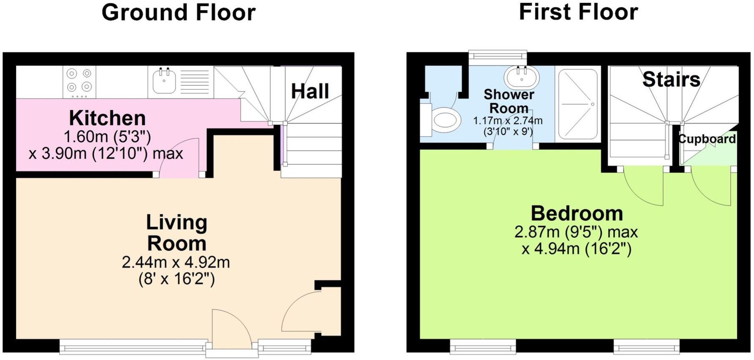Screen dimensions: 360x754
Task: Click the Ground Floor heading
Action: tap(178, 13)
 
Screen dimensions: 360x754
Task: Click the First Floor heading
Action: tap(578, 12)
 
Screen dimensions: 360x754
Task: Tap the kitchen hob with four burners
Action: tap(79, 82)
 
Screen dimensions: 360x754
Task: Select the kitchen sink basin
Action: tap(164, 81)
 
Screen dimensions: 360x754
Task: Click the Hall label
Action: tap(310, 91)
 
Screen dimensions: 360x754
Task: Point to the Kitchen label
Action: tap(107, 118)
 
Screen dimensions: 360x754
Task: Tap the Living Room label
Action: tap(176, 233)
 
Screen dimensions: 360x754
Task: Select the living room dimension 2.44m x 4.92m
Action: tap(176, 262)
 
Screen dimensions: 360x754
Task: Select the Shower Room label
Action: tap(509, 101)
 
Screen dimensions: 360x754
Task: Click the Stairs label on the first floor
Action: tap(671, 79)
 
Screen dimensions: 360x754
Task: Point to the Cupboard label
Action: tap(707, 139)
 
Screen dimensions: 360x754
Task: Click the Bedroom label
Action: tap(577, 214)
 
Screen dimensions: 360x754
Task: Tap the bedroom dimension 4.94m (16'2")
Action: tap(577, 249)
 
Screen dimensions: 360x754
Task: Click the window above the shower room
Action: tap(497, 55)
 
